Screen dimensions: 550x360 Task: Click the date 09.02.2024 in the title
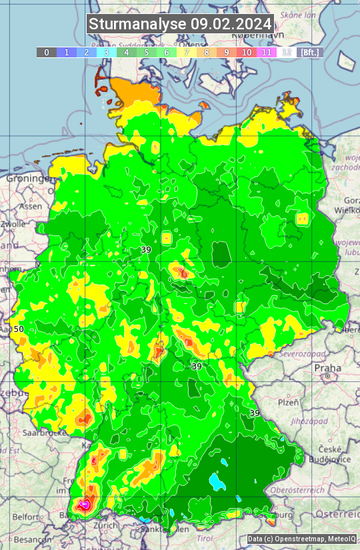tap(231, 24)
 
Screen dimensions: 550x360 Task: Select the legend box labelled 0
tap(47, 52)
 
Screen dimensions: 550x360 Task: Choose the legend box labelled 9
tap(227, 52)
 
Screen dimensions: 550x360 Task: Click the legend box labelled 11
tap(267, 52)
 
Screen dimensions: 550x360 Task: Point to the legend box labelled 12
tap(287, 52)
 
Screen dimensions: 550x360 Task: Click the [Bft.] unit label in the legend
tap(309, 52)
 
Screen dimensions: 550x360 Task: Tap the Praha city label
tap(328, 367)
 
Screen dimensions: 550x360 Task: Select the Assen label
tap(30, 207)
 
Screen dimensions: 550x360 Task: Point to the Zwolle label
tap(13, 224)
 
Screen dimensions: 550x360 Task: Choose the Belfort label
tap(25, 517)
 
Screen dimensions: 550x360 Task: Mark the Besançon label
tap(28, 539)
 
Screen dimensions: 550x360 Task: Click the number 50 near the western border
tap(19, 329)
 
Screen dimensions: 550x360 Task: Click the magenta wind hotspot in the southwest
tap(85, 505)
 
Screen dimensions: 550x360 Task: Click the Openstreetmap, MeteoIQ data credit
tap(301, 539)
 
